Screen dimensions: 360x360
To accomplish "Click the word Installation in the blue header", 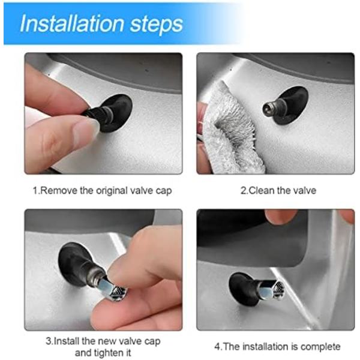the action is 73,23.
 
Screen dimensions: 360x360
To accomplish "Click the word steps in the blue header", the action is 157,25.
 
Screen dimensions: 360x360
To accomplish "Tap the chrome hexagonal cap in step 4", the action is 272,289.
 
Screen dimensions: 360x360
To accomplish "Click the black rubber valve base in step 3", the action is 77,265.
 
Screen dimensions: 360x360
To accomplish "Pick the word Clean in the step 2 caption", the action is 262,191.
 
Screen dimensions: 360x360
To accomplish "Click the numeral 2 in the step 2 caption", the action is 243,191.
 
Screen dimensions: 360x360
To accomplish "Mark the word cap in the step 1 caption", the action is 164,191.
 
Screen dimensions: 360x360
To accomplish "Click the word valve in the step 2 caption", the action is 305,191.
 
